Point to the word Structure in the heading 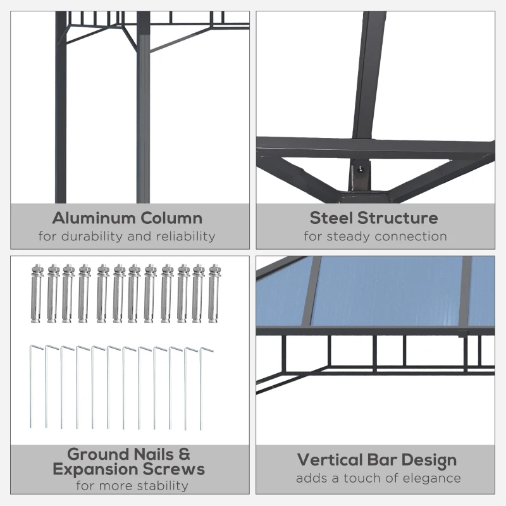tap(398, 218)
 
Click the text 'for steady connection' tap(375, 237)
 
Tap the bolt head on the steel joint tap(361, 169)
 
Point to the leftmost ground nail tap(32, 386)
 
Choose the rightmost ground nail tap(202, 387)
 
